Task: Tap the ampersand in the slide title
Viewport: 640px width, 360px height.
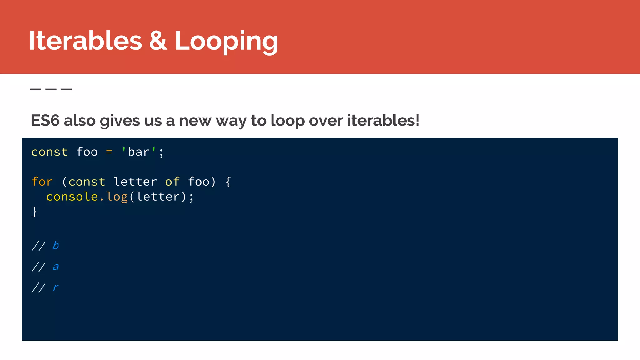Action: pos(158,41)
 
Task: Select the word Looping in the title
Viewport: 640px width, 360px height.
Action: pos(226,41)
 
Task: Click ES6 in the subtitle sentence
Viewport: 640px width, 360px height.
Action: pos(45,121)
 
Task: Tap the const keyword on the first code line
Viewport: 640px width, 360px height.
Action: pos(50,152)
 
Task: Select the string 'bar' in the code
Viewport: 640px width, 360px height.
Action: pos(139,152)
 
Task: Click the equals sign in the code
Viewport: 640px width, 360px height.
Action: pos(109,152)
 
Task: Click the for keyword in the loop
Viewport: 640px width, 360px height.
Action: pos(42,182)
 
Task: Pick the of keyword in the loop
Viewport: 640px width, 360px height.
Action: pos(172,182)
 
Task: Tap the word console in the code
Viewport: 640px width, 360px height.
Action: pos(72,197)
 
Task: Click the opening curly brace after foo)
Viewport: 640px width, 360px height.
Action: pos(228,182)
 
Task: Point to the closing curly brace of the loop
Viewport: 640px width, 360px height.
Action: pos(34,212)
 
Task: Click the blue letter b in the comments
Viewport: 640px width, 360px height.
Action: pos(56,246)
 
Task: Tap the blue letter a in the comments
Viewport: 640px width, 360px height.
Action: pos(56,267)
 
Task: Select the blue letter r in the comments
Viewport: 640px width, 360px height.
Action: pos(56,287)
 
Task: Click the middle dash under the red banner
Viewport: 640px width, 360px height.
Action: pos(51,89)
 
